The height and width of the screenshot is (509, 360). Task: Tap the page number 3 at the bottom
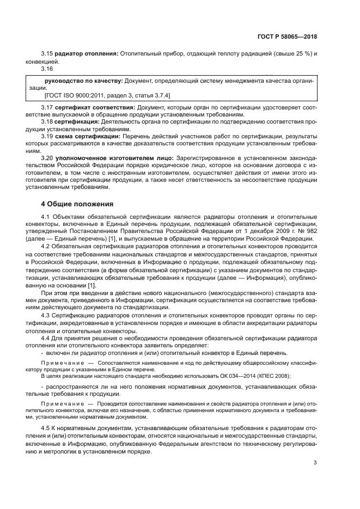pyautogui.click(x=315, y=463)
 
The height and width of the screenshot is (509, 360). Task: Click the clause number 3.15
pyautogui.click(x=48, y=54)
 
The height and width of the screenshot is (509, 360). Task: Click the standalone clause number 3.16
pyautogui.click(x=48, y=69)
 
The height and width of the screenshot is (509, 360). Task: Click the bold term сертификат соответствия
pyautogui.click(x=88, y=108)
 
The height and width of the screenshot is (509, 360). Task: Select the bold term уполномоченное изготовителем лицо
pyautogui.click(x=105, y=158)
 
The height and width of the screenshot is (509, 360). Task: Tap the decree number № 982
pyautogui.click(x=306, y=232)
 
